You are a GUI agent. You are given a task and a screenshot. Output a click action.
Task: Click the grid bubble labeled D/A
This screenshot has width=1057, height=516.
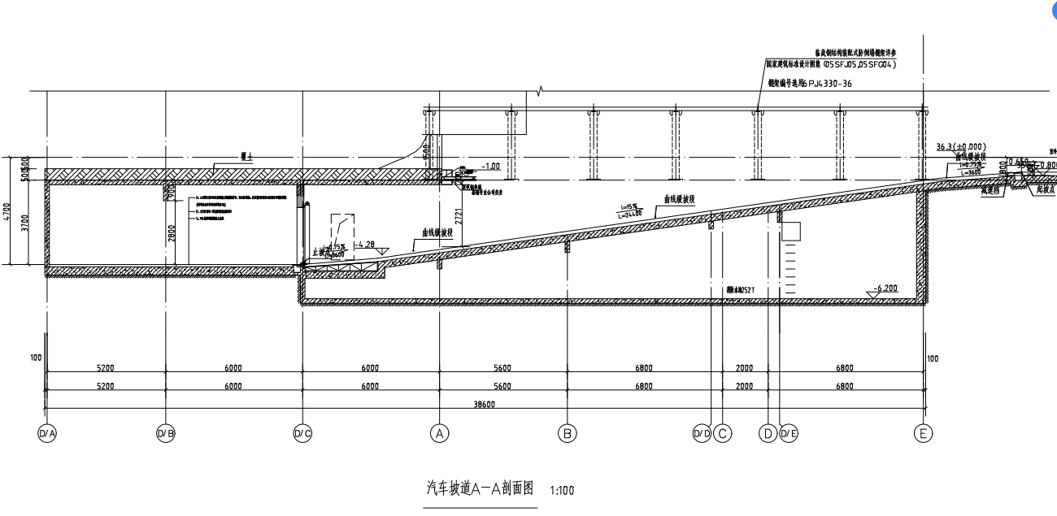47,434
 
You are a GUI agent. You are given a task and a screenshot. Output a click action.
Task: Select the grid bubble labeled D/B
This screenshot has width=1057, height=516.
166,434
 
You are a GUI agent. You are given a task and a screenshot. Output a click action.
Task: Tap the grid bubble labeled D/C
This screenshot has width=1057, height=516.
302,434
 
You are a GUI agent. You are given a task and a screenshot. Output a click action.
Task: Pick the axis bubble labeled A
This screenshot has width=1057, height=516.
440,433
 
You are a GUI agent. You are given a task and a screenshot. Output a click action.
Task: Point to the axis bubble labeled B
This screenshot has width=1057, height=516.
568,433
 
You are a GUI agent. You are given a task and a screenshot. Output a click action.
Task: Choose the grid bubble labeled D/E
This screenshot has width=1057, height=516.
789,433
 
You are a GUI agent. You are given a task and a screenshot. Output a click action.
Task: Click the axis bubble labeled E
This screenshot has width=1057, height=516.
924,433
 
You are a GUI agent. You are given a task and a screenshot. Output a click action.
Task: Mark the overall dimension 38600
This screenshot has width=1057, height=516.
485,404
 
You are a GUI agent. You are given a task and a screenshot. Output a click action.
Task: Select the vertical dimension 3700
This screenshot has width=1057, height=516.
26,223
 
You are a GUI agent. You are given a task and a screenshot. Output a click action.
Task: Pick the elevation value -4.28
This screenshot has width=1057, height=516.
367,244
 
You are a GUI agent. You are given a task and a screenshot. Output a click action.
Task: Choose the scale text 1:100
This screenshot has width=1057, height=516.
563,491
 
